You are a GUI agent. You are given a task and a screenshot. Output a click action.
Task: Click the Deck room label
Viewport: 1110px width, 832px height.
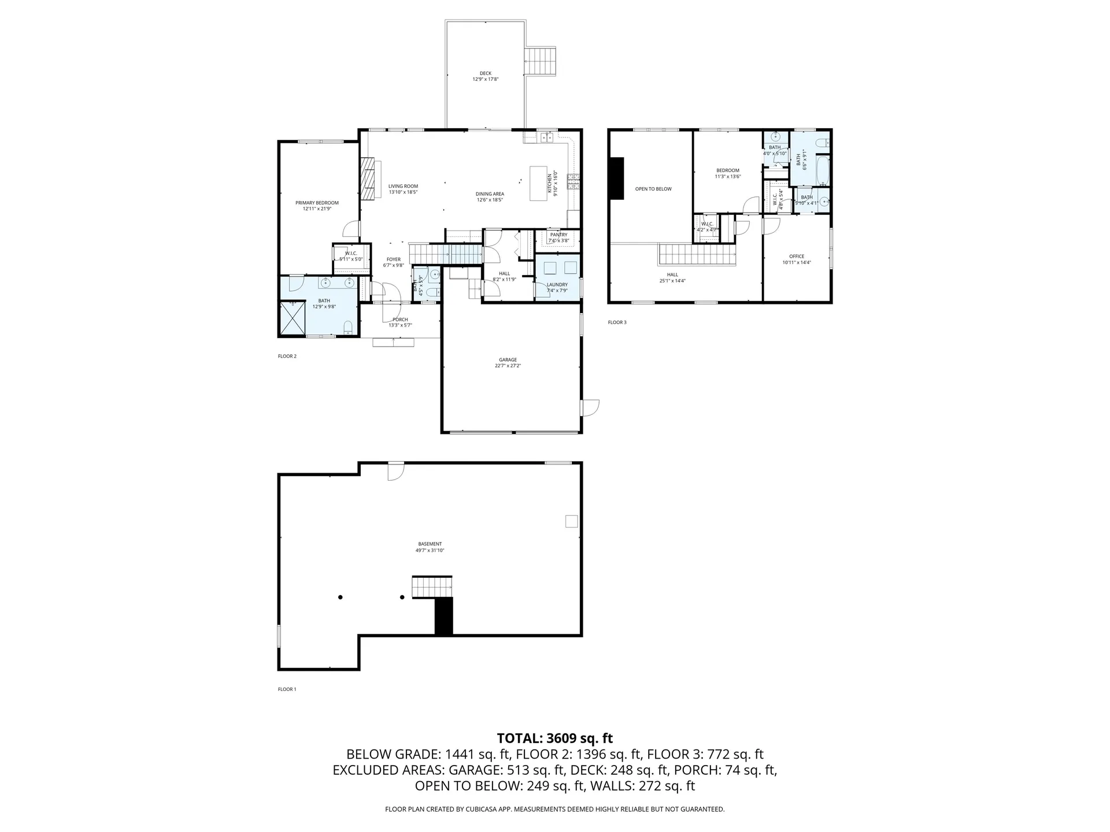pyautogui.click(x=485, y=73)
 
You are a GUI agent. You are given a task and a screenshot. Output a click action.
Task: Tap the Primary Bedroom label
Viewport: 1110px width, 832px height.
pyautogui.click(x=317, y=203)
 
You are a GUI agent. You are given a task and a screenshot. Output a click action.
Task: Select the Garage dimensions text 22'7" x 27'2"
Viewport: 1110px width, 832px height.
pyautogui.click(x=508, y=366)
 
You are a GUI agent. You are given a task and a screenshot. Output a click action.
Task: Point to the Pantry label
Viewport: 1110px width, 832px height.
pyautogui.click(x=558, y=235)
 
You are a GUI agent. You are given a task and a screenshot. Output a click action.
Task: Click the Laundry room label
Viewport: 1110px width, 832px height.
pyautogui.click(x=557, y=284)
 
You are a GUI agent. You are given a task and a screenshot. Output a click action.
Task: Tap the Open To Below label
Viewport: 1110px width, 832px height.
pyautogui.click(x=653, y=189)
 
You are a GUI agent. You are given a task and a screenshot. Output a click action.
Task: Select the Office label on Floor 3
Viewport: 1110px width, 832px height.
pyautogui.click(x=797, y=257)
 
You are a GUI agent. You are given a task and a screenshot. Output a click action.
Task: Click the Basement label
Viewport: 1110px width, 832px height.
pyautogui.click(x=430, y=544)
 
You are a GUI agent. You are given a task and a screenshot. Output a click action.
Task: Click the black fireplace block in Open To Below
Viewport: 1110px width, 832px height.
pyautogui.click(x=617, y=179)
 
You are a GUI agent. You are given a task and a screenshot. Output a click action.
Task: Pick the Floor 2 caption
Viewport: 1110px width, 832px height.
pyautogui.click(x=287, y=356)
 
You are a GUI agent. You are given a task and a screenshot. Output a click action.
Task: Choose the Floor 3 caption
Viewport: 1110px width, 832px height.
pyautogui.click(x=617, y=322)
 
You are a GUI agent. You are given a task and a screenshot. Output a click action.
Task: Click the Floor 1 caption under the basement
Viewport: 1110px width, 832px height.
pyautogui.click(x=287, y=689)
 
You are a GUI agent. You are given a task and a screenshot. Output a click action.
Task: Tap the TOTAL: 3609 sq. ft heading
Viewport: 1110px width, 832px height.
pyautogui.click(x=554, y=738)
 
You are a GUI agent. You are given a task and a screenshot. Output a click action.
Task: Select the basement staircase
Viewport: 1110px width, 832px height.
pyautogui.click(x=431, y=586)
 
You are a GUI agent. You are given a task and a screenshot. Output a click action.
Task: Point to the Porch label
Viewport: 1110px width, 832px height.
pyautogui.click(x=400, y=320)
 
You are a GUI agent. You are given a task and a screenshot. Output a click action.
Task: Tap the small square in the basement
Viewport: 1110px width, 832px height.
pyautogui.click(x=571, y=521)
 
